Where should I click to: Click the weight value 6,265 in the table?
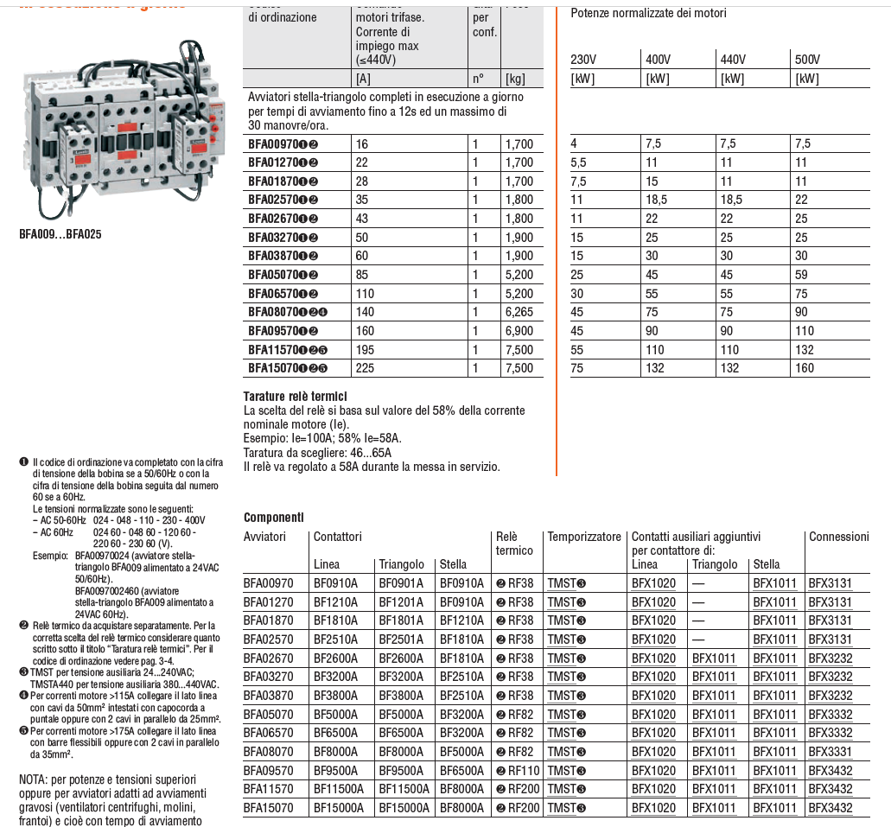point(519,312)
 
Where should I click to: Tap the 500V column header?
point(807,59)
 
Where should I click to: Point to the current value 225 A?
point(367,368)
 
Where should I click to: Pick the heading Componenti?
point(274,518)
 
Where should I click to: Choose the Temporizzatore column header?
point(584,537)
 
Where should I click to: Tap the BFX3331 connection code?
point(830,752)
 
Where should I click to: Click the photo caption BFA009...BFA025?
point(60,233)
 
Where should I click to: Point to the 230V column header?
point(584,59)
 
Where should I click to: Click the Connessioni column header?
point(838,537)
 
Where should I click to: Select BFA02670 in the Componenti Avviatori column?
point(269,658)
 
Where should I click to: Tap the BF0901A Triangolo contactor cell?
point(402,583)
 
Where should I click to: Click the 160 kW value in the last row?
point(805,368)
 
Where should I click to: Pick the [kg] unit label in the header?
point(516,79)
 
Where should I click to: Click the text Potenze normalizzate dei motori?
point(648,14)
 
